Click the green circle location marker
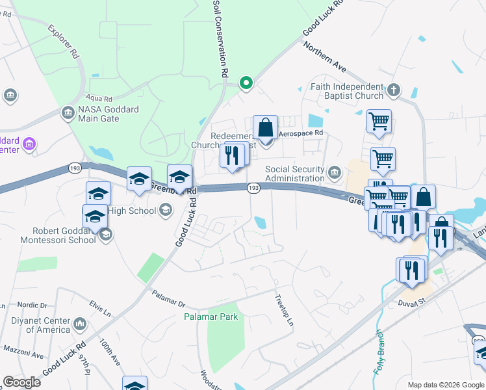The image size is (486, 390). click(x=246, y=83)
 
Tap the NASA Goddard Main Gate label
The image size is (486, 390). click(x=108, y=114)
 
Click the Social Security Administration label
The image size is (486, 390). click(x=294, y=174)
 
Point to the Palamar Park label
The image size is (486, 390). click(x=210, y=317)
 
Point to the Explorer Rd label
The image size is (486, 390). click(x=64, y=43)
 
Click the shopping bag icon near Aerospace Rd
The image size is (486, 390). click(x=266, y=127)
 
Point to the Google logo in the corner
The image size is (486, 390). click(x=21, y=382)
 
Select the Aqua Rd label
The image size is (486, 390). click(x=101, y=97)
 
